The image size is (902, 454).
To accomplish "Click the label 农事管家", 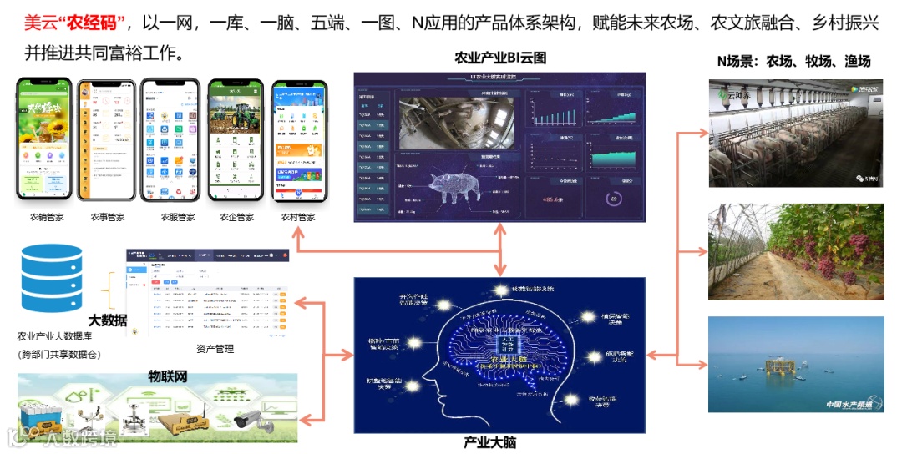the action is pos(108,217).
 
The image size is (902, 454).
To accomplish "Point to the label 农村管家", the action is pos(297,217).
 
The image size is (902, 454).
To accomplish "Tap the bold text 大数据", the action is pos(109,320).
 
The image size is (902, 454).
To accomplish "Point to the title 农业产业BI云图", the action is pos(500,58).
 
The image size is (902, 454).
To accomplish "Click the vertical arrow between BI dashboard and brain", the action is pos(500,250).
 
